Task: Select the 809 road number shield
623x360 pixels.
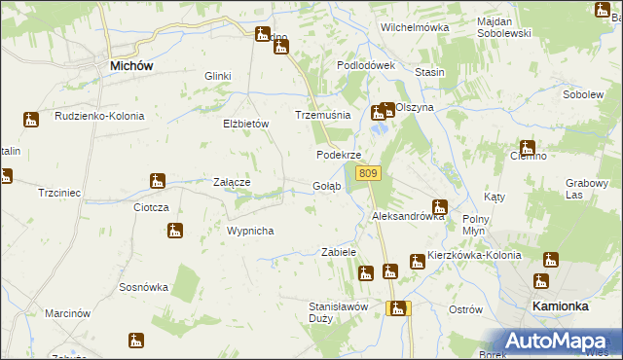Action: [x=367, y=173]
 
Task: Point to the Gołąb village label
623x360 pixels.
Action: [x=326, y=186]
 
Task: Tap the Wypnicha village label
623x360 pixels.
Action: [x=250, y=231]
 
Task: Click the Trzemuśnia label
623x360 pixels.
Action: [x=322, y=115]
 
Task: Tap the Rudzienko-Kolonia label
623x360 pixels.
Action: [x=99, y=116]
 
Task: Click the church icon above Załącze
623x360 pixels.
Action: [x=158, y=180]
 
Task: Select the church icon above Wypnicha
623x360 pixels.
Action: [x=174, y=231]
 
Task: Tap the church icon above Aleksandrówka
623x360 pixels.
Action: [x=439, y=206]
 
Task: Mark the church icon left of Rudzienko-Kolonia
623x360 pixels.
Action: [x=31, y=120]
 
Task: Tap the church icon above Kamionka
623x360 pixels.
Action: [x=541, y=281]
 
